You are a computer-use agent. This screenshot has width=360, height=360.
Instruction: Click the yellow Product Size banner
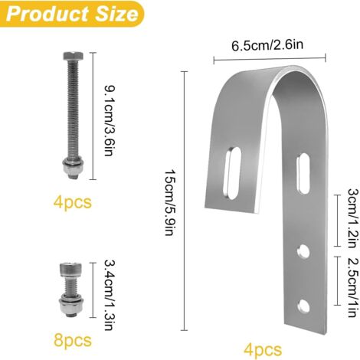[72, 14]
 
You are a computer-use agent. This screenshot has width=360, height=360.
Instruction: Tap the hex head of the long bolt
[74, 56]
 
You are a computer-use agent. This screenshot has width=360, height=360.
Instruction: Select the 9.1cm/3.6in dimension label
[110, 120]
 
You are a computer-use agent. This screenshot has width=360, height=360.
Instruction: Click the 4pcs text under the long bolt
[73, 202]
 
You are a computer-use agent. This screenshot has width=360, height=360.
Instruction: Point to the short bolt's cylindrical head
[70, 270]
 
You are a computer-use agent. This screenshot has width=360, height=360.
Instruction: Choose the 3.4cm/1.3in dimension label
[110, 295]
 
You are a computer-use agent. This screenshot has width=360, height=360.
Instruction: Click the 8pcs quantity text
[73, 340]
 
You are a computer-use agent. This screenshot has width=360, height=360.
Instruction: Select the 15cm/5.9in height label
[170, 201]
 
